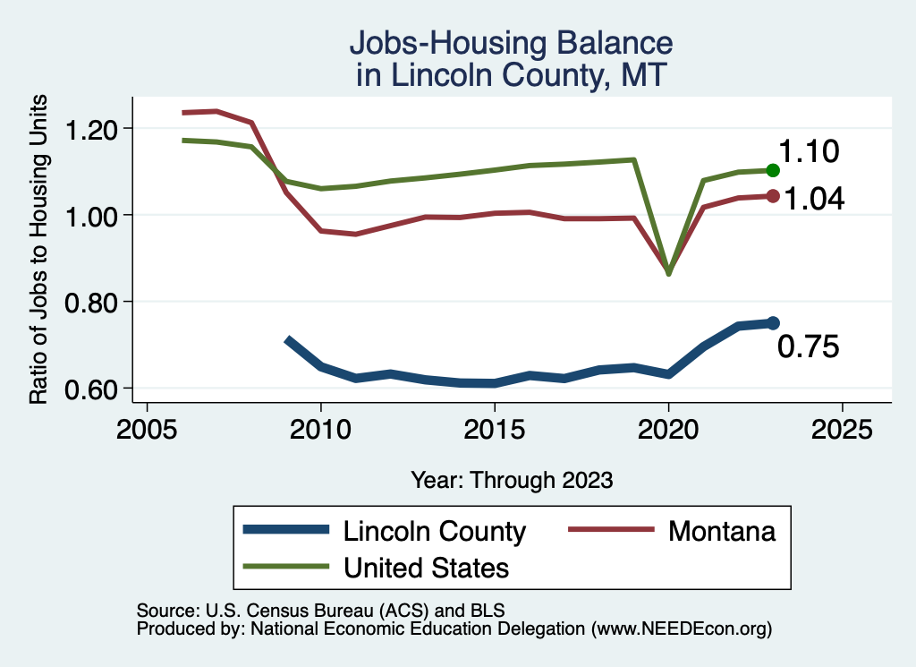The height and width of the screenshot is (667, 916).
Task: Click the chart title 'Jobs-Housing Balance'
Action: (510, 43)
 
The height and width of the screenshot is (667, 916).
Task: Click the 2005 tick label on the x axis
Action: (147, 427)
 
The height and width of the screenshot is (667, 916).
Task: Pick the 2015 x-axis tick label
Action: (495, 427)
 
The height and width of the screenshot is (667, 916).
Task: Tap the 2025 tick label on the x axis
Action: (842, 427)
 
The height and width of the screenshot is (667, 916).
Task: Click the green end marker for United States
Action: (773, 170)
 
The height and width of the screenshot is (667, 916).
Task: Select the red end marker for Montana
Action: (773, 196)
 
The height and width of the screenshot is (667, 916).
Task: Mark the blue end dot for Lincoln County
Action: (773, 323)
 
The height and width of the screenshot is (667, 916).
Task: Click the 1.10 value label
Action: (808, 152)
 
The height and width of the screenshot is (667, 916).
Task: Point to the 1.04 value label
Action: (814, 199)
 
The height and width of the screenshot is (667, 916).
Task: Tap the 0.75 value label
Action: (808, 347)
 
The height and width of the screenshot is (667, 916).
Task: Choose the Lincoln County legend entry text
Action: (435, 531)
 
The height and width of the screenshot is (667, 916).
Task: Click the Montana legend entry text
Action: (721, 531)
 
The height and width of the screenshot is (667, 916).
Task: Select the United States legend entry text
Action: (427, 568)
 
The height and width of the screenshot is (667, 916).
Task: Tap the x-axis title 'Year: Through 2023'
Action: (512, 480)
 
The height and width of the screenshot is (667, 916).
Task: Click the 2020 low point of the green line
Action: (668, 273)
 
